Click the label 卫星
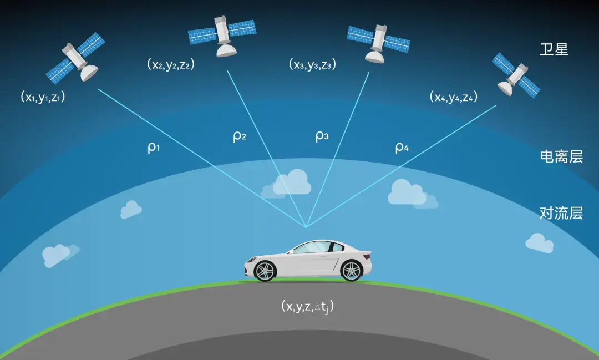pyautogui.click(x=554, y=49)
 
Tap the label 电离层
pyautogui.click(x=561, y=157)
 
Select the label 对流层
pyautogui.click(x=561, y=212)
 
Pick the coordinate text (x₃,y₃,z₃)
pyautogui.click(x=312, y=64)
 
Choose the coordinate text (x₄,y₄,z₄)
pyautogui.click(x=453, y=97)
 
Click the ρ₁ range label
pyautogui.click(x=154, y=149)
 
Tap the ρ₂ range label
pyautogui.click(x=239, y=136)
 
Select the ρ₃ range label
pyautogui.click(x=322, y=136)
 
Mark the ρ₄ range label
pyautogui.click(x=402, y=148)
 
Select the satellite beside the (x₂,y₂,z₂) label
pyautogui.click(x=222, y=35)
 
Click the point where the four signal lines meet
pyautogui.click(x=306, y=227)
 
